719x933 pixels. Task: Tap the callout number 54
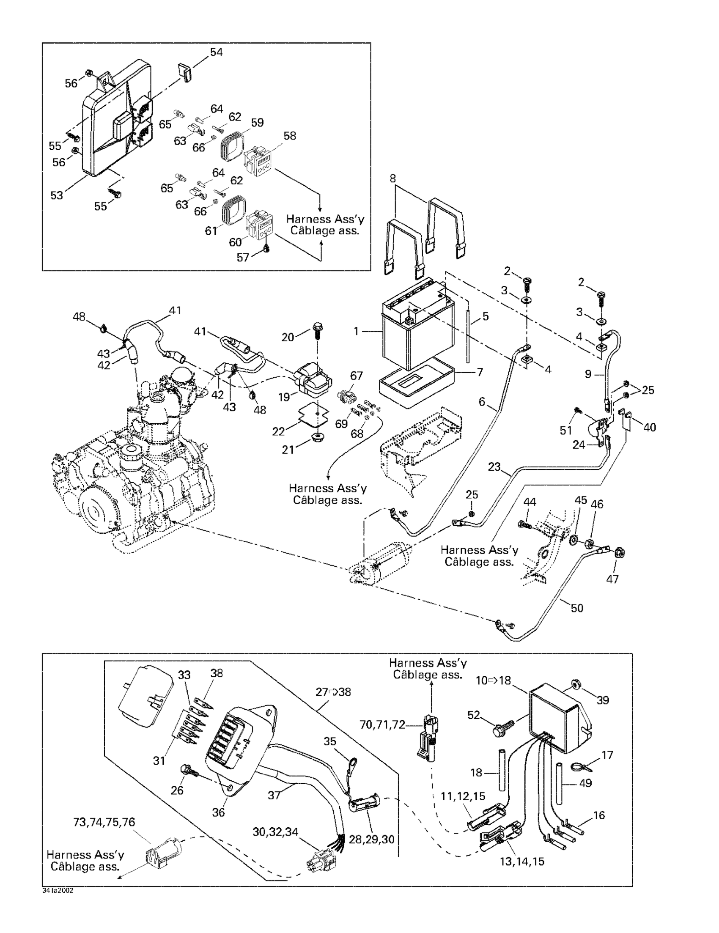(x=216, y=52)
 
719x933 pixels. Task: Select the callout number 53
(x=57, y=196)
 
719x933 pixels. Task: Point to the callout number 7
(x=480, y=372)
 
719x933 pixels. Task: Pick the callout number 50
(x=577, y=607)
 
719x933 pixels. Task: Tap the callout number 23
(x=494, y=467)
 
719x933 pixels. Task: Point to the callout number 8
(x=392, y=178)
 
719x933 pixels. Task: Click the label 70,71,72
(x=382, y=725)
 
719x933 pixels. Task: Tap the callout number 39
(x=602, y=700)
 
